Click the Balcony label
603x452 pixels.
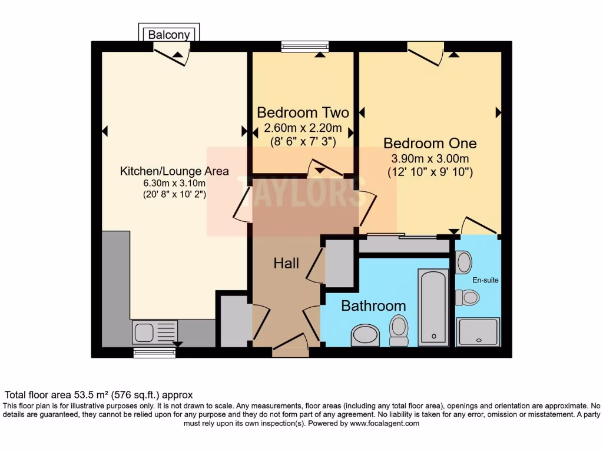click(169, 35)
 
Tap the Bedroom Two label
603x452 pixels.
click(303, 112)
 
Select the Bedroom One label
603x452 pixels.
click(430, 143)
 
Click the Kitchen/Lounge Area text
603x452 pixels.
click(174, 171)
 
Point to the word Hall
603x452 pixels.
click(286, 263)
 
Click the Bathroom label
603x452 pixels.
click(373, 306)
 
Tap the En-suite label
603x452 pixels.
click(486, 280)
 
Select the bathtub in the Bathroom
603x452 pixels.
click(433, 307)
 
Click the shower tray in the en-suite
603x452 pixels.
click(479, 332)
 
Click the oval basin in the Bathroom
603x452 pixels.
click(366, 335)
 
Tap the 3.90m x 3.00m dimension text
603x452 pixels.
click(430, 159)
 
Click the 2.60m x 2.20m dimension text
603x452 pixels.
click(303, 128)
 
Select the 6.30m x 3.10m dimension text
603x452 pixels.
click(174, 183)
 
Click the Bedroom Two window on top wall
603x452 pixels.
click(304, 46)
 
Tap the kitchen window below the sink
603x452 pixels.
click(154, 353)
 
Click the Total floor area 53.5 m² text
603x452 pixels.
click(99, 395)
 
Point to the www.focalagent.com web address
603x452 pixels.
click(385, 423)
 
